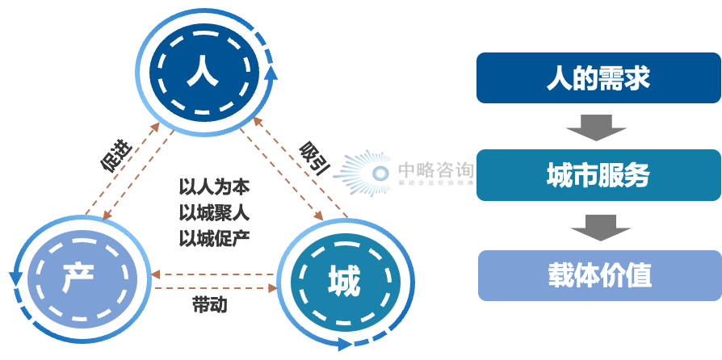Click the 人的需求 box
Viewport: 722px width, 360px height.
(598, 79)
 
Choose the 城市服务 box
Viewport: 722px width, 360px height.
(598, 175)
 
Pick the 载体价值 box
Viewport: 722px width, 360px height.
(598, 275)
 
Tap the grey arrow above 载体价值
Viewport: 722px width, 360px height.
(599, 227)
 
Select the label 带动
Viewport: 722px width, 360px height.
(209, 304)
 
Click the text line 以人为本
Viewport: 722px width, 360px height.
(214, 187)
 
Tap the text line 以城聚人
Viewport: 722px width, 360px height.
(214, 212)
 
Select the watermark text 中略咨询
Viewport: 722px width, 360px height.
(435, 170)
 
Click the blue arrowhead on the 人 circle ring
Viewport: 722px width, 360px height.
(271, 75)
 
